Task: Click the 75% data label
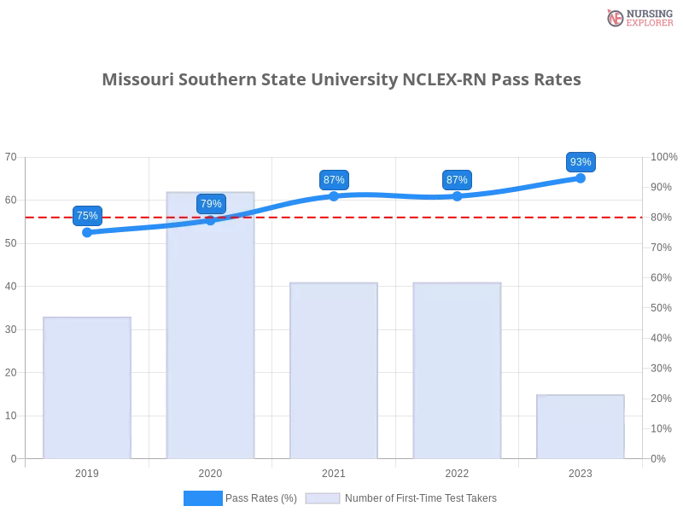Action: (87, 216)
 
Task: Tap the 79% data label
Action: (211, 204)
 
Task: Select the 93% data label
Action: (581, 162)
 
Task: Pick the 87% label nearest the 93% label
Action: (457, 180)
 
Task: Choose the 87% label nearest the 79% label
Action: (334, 180)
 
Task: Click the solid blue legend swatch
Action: (203, 497)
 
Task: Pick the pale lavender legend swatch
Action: (323, 497)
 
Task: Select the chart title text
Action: (344, 80)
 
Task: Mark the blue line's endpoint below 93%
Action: (581, 177)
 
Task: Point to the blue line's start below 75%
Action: (88, 232)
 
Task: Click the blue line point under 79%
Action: (211, 220)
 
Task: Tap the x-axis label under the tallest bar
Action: (211, 471)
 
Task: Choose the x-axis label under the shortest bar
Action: (580, 471)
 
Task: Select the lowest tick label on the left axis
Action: (12, 458)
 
